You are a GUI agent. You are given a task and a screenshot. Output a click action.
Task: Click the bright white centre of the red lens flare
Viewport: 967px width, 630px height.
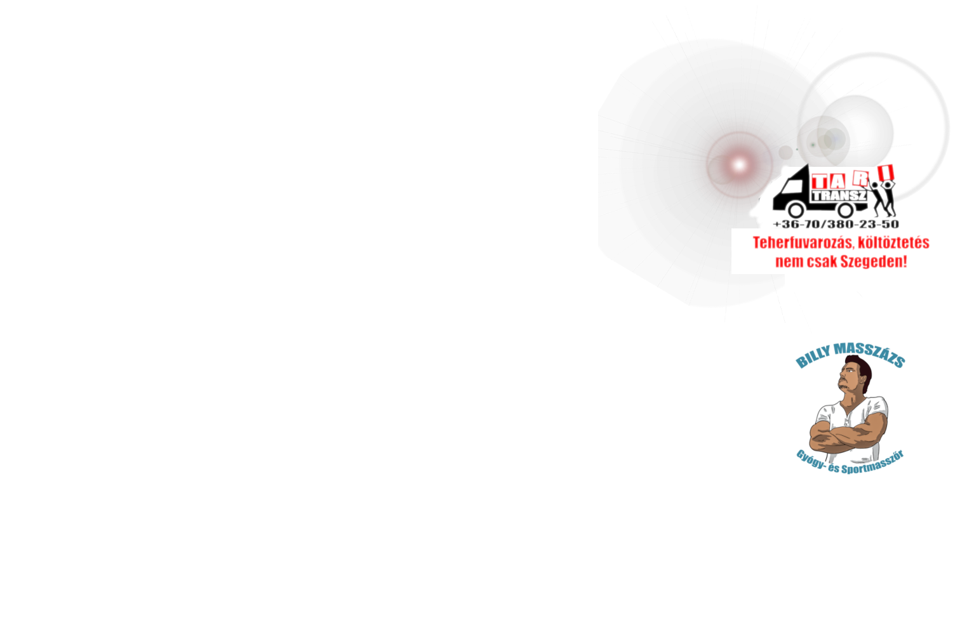[x=738, y=165]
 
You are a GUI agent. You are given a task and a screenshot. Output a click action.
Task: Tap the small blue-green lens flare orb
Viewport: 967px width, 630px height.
[x=834, y=138]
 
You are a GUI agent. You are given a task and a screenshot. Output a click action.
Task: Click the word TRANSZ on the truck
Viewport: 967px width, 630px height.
[x=839, y=196]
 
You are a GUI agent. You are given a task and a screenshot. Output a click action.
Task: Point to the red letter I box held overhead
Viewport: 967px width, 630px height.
[x=885, y=172]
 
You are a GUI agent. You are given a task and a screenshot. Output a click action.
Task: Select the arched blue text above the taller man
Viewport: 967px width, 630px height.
[x=851, y=355]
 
